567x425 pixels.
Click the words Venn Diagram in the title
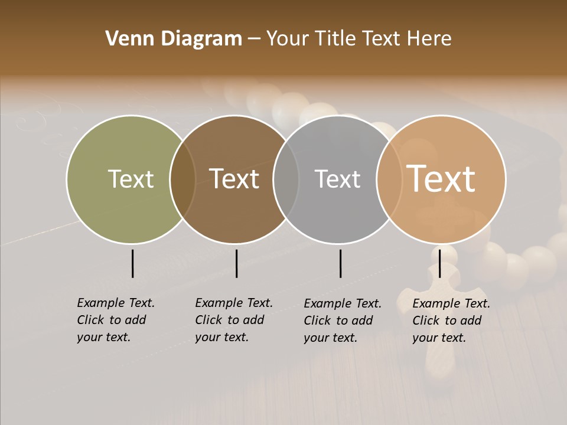(174, 39)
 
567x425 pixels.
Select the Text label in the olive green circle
(131, 179)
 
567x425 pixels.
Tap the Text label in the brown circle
(234, 179)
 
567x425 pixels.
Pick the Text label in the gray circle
(337, 179)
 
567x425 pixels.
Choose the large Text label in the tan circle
(441, 179)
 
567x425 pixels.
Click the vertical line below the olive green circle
(132, 263)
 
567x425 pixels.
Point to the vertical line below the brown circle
(236, 263)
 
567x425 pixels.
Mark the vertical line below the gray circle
(340, 263)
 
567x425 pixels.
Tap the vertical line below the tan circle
(439, 263)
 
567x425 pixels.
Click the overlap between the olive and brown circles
(183, 179)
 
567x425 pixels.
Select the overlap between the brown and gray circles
(286, 179)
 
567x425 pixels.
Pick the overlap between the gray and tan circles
(389, 179)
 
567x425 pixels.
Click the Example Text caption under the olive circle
(115, 320)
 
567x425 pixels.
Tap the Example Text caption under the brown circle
(233, 320)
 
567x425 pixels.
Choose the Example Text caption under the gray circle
(342, 321)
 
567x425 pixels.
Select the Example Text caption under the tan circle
(451, 321)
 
